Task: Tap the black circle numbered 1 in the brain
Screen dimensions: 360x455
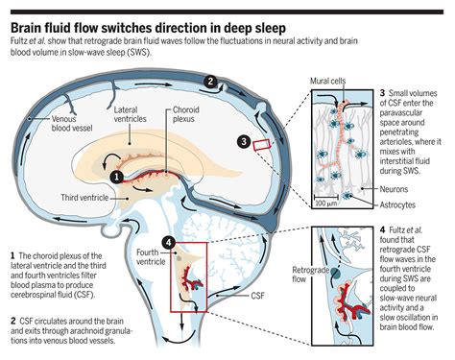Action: (116, 176)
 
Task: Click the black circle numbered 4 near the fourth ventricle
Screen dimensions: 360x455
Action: (169, 241)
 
